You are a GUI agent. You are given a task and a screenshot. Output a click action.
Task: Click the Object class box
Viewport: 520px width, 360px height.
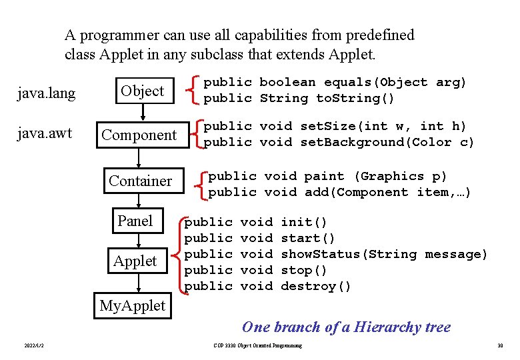143,91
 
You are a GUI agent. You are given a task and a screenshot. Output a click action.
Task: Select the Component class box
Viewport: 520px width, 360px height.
139,135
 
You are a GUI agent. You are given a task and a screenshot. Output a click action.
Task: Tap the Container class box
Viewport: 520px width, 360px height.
140,181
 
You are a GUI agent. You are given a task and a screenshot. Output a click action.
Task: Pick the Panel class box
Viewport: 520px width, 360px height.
135,221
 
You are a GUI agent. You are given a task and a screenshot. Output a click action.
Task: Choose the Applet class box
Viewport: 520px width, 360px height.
135,261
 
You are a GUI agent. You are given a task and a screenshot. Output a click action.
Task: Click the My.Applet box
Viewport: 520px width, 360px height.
132,306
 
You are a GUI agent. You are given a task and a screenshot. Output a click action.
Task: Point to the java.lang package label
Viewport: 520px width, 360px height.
46,93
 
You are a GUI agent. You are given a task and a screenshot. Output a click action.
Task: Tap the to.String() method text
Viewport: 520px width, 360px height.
355,99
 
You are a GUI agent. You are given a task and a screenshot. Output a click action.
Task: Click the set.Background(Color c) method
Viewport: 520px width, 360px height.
387,142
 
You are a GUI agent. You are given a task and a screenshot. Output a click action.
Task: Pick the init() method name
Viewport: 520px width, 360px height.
304,222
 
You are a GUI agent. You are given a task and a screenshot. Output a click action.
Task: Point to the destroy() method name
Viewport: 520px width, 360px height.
316,286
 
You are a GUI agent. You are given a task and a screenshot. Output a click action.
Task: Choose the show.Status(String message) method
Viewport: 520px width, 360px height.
384,254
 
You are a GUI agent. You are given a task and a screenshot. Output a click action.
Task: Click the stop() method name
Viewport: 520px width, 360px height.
304,270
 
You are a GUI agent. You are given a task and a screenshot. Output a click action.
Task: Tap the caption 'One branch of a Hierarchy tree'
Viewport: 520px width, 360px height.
346,327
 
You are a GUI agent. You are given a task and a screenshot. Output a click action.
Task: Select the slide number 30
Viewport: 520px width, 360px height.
499,345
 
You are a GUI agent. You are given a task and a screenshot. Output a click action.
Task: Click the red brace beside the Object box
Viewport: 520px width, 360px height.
193,91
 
